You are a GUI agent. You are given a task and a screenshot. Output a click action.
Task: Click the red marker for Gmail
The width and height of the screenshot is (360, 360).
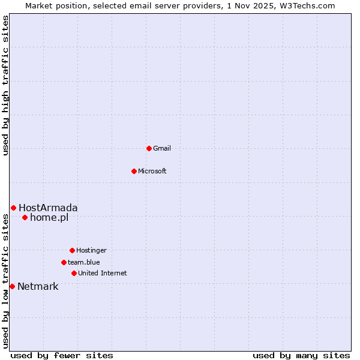point(149,148)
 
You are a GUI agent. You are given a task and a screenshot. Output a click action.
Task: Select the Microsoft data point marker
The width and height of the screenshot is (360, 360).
point(134,171)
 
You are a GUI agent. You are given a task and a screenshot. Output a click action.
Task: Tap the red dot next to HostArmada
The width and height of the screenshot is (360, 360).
point(13,208)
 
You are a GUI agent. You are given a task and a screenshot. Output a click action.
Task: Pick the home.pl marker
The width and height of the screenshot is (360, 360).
point(25,217)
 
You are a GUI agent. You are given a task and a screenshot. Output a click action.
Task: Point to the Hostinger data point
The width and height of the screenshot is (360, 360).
point(72,250)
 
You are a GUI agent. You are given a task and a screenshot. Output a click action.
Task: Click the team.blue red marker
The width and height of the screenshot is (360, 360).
point(64,262)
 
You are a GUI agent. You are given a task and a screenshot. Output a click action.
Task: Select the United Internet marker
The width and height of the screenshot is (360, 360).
point(74,273)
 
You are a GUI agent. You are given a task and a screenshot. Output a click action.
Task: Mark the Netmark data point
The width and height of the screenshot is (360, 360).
point(12,286)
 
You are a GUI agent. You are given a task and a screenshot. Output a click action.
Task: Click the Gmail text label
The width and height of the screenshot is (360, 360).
point(162,148)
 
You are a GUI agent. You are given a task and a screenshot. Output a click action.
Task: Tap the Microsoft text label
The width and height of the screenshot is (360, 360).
point(152,171)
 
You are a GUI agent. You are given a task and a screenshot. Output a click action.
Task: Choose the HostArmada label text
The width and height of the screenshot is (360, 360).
point(48,208)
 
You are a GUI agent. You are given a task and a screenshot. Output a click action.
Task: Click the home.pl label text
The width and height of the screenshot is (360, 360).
point(49,217)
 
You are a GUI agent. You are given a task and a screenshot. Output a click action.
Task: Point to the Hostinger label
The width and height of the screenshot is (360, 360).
point(91,250)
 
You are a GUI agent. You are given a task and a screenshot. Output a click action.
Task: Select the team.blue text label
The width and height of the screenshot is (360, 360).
point(84,262)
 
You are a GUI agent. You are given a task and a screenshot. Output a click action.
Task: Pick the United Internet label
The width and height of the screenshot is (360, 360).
point(103,273)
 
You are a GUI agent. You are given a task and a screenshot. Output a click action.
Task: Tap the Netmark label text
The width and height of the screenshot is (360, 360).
point(38,286)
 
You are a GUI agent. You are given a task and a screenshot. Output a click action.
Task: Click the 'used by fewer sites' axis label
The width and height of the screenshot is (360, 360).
point(62,355)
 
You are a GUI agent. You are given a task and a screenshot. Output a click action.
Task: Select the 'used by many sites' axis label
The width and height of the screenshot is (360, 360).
point(301,355)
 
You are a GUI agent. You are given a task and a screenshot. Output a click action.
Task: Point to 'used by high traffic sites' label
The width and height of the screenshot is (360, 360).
point(5,85)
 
